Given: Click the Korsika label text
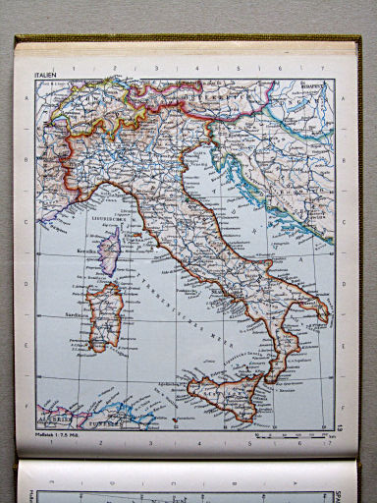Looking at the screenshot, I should (89, 251).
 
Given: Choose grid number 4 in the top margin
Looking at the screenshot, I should (198, 69).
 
